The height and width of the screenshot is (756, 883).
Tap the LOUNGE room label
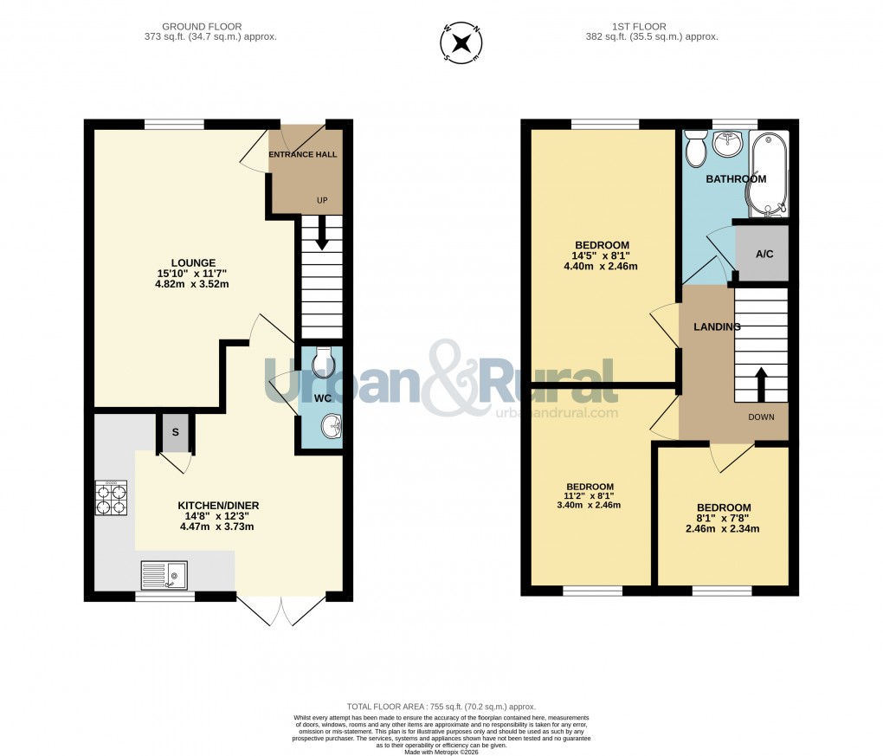point(193,263)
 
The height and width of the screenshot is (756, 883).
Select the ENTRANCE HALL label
point(302,155)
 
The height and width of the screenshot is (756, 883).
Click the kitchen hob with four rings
point(111,498)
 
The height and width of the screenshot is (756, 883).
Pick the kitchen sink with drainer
point(164,573)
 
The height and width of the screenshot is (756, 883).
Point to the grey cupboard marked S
point(176,432)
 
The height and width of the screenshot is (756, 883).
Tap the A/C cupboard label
point(764,255)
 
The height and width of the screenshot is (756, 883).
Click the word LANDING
point(717,326)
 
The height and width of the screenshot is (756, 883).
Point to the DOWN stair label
point(762,417)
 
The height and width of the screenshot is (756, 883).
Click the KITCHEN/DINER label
point(218,506)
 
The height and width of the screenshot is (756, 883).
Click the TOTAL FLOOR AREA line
point(441,707)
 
